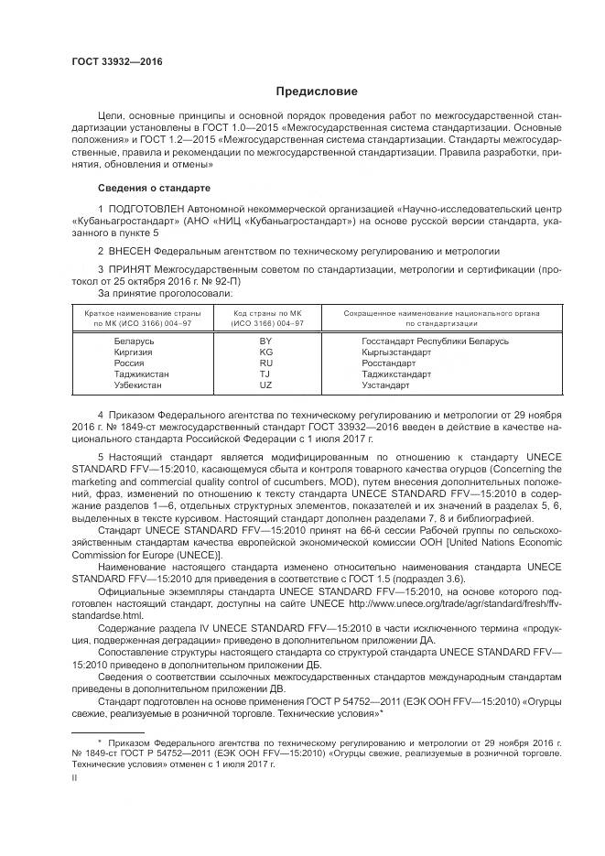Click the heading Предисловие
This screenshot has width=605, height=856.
point(317,92)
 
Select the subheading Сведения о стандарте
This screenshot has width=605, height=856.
point(154,188)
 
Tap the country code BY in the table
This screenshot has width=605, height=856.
point(265,341)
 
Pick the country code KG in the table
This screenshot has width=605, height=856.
point(265,352)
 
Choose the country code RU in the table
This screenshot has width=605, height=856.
point(265,363)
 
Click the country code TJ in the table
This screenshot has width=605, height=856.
point(265,374)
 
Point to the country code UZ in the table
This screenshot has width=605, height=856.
point(265,385)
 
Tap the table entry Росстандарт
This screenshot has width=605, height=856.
point(389,363)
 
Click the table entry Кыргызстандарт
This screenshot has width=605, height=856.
point(396,352)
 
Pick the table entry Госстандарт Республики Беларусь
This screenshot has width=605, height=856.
point(435,341)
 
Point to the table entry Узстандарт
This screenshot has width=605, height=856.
point(385,385)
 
